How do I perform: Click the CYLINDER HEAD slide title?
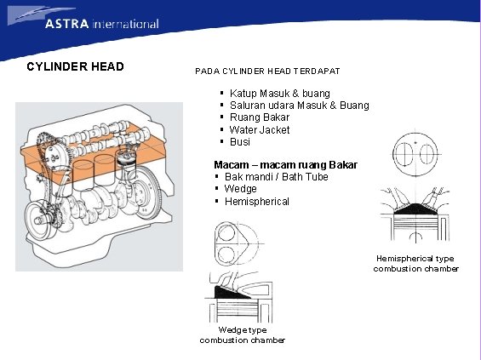(75, 66)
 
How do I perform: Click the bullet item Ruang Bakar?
(260, 117)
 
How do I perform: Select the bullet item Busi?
(240, 142)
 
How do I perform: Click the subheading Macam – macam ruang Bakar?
(285, 164)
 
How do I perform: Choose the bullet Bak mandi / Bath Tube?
(276, 176)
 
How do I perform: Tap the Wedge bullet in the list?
(240, 189)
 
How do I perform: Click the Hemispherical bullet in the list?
(257, 202)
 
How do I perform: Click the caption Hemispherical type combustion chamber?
(415, 263)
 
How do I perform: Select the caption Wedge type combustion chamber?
(243, 334)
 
